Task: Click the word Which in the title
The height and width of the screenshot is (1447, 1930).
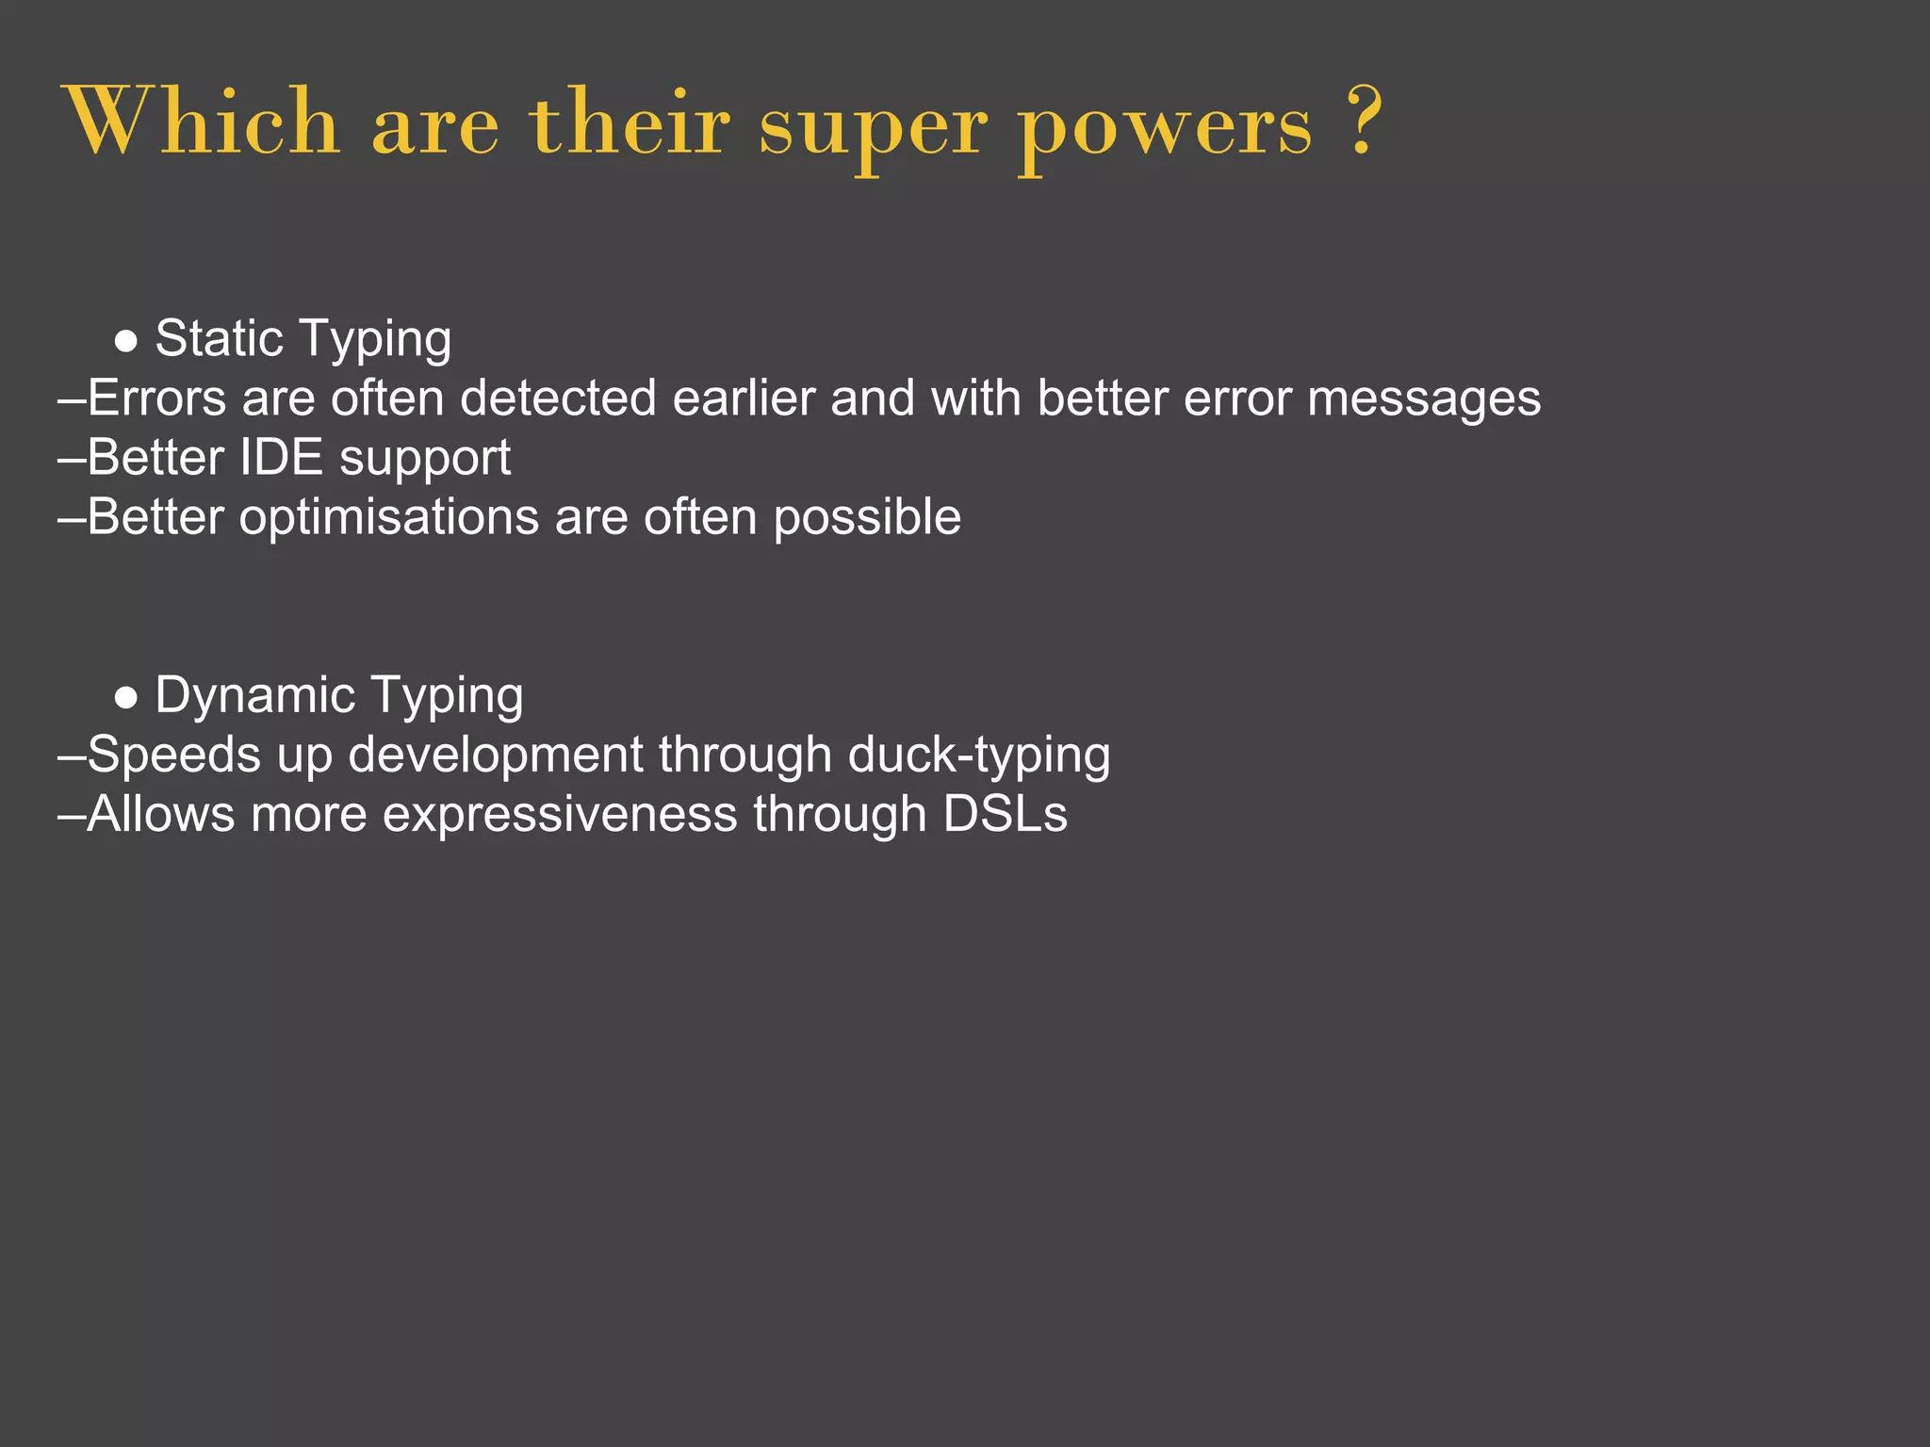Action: (202, 122)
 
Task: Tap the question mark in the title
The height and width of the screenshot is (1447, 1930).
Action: (1363, 122)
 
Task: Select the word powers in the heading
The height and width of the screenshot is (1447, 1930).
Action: (1165, 127)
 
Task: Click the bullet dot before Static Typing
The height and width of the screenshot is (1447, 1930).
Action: (126, 341)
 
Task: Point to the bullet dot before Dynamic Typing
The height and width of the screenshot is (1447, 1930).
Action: (126, 698)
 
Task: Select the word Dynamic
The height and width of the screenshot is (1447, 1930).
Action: (255, 696)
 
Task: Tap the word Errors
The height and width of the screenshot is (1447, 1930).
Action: (156, 398)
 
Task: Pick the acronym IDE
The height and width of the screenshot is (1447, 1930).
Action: (281, 457)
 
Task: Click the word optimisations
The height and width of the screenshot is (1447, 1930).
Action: (388, 518)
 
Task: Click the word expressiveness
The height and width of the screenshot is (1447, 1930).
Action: (560, 815)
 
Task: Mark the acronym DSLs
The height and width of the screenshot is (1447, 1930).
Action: (1005, 814)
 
